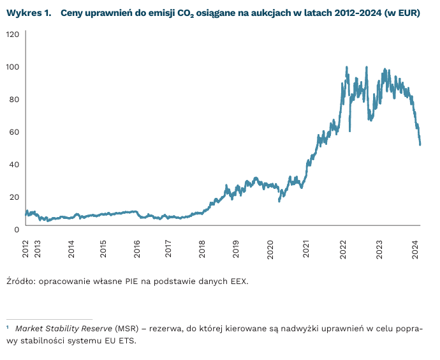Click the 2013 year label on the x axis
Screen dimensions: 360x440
(x=38, y=248)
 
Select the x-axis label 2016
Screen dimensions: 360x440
(x=136, y=248)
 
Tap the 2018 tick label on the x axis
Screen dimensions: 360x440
(x=202, y=248)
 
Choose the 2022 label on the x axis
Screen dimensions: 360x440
(x=343, y=248)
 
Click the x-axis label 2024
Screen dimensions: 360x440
(x=415, y=248)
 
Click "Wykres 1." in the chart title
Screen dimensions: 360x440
(x=28, y=13)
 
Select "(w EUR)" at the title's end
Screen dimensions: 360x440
(x=403, y=13)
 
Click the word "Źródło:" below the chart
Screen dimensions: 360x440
(x=22, y=280)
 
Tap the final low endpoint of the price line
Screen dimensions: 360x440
(x=420, y=145)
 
